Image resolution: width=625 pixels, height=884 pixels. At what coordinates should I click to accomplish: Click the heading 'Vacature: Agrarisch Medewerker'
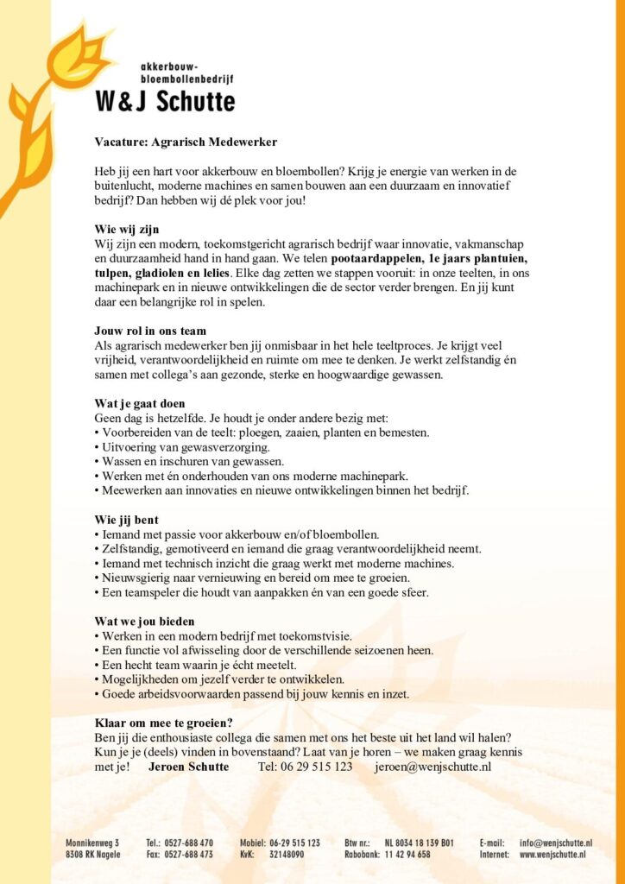click(x=186, y=142)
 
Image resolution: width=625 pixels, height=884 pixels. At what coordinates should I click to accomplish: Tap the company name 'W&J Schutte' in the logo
click(x=164, y=101)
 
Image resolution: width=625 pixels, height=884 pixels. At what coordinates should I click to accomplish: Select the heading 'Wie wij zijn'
click(x=127, y=229)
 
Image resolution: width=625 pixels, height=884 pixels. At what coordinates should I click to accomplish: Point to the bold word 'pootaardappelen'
click(x=375, y=258)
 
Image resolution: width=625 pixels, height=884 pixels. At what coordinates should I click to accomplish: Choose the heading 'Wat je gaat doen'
click(x=140, y=403)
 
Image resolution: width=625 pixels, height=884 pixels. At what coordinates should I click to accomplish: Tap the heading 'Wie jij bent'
click(x=126, y=520)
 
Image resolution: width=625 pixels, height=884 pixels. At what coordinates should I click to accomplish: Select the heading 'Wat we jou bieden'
click(x=144, y=621)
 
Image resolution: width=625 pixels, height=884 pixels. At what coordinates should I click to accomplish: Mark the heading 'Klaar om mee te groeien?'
click(x=164, y=723)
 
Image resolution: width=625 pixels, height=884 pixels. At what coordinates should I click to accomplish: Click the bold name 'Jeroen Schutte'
click(x=189, y=767)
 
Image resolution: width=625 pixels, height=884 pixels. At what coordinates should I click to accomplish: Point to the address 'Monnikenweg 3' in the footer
click(x=93, y=842)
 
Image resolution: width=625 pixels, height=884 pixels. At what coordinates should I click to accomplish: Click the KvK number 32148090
click(x=287, y=855)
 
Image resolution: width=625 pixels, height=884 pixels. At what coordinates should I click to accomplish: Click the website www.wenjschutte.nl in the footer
click(x=552, y=855)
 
